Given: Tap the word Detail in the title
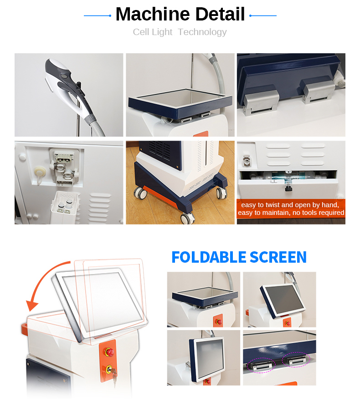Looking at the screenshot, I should [218, 15].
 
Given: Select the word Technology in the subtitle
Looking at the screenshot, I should [202, 32].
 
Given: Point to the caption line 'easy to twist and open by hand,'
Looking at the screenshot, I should [290, 205].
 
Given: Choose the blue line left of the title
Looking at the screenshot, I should [98, 15].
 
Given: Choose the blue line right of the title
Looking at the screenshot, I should [263, 15].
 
